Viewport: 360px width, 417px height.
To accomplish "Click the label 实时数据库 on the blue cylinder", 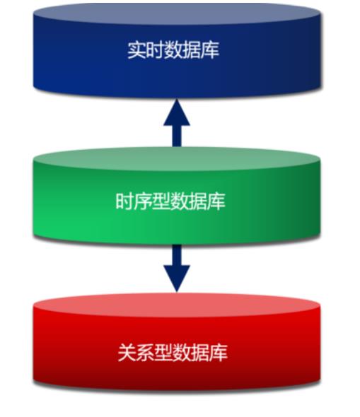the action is point(173,49).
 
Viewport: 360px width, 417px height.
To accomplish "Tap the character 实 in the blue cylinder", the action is point(137,49).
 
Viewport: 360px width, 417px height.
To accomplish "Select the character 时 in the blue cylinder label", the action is point(155,49).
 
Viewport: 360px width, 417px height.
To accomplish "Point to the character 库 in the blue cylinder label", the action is point(210,49).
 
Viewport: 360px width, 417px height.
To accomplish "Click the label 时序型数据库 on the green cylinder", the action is point(170,201).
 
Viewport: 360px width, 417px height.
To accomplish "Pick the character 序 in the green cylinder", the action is point(143,201).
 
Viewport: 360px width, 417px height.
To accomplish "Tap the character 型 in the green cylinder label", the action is point(161,201).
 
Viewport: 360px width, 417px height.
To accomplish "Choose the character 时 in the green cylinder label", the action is point(124,201).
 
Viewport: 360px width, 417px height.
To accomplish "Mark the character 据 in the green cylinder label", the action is point(198,201).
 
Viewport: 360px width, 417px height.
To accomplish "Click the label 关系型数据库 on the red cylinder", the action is point(173,353).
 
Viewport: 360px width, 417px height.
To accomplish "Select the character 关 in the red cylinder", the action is point(127,353).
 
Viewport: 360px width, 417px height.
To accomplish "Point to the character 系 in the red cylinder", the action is point(145,353).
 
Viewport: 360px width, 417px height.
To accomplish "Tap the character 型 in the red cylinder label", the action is point(163,353).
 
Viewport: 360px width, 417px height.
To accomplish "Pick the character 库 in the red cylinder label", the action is point(219,353).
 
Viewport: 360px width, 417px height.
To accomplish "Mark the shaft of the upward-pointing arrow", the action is point(177,136).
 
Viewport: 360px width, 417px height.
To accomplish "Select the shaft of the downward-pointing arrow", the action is point(177,254).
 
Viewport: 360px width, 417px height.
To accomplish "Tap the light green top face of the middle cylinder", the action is point(177,159).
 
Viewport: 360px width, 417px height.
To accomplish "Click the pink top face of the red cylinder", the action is point(177,305).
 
